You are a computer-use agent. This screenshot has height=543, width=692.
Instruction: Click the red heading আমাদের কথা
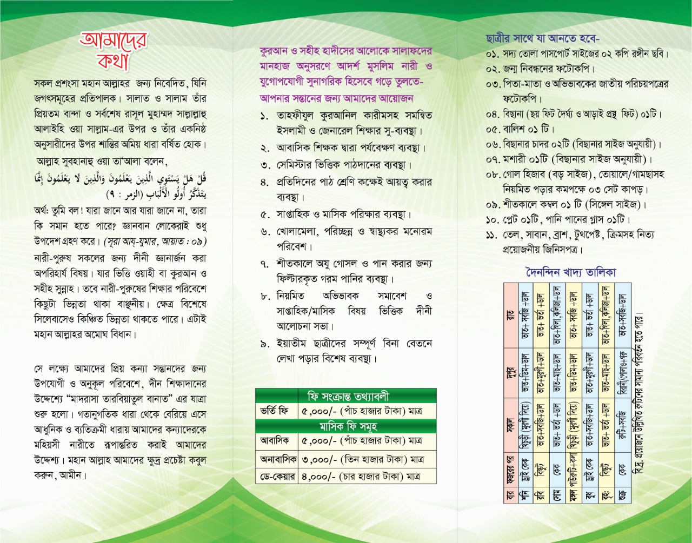(113, 51)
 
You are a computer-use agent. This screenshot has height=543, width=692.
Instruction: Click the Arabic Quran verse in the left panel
(120, 185)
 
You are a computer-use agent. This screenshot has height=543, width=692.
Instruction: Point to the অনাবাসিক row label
(276, 459)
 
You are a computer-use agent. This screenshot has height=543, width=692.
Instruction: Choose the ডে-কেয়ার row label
(276, 477)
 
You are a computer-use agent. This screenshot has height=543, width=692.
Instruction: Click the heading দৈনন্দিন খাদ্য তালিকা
(570, 272)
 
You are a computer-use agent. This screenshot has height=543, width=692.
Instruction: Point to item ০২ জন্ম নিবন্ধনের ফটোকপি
(541, 69)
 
